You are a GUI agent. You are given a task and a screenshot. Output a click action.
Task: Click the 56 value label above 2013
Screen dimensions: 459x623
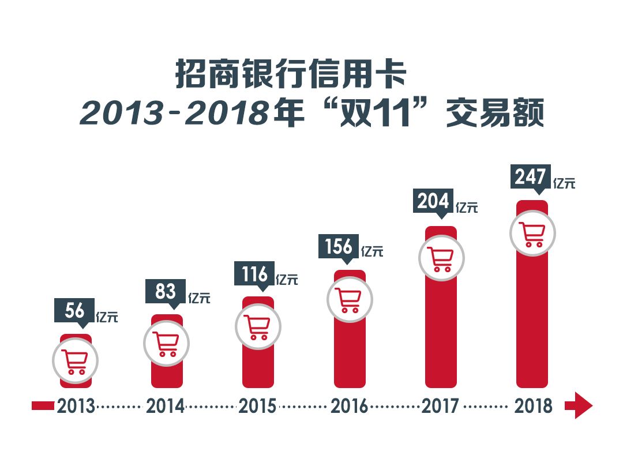click(x=74, y=311)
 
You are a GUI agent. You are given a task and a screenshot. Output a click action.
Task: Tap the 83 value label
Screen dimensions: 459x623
click(x=165, y=292)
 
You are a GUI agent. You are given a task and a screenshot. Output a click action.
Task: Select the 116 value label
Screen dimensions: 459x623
click(x=254, y=274)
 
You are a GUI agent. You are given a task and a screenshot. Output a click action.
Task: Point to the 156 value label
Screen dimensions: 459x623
click(x=339, y=246)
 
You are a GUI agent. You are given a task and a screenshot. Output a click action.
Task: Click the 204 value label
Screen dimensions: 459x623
click(x=433, y=201)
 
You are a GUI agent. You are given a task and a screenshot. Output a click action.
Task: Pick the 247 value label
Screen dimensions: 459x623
click(x=530, y=176)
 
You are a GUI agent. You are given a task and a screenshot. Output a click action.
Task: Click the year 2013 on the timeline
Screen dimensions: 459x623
click(x=76, y=406)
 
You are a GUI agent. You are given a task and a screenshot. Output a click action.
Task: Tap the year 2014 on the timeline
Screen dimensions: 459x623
click(x=166, y=406)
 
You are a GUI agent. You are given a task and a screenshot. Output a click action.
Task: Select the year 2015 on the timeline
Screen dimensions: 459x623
click(x=257, y=406)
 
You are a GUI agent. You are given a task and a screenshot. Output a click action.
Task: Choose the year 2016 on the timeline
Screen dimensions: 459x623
click(x=349, y=406)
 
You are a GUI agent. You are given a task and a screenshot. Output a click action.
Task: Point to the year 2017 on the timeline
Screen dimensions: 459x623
click(x=440, y=406)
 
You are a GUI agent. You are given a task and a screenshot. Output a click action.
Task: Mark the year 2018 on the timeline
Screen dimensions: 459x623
click(x=533, y=406)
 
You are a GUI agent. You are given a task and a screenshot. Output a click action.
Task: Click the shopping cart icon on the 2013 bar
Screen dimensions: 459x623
click(x=76, y=362)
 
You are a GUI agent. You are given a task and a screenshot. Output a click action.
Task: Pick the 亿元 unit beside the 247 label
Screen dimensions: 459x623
click(x=564, y=184)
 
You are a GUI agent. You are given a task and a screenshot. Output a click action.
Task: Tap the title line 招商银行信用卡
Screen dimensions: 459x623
click(x=291, y=75)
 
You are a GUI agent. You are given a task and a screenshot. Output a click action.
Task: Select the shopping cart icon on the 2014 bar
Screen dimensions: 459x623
click(x=166, y=344)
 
